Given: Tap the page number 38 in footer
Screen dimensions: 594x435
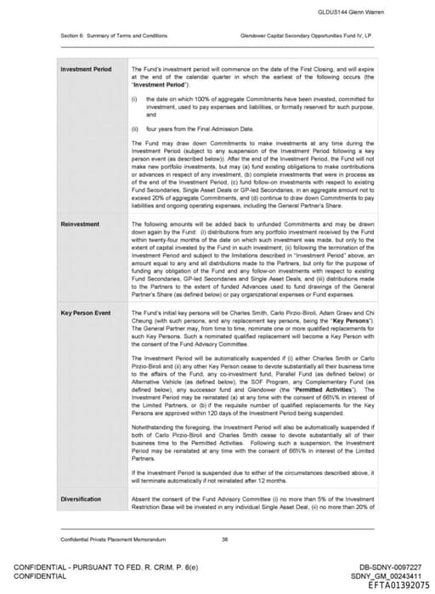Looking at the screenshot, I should [224, 539].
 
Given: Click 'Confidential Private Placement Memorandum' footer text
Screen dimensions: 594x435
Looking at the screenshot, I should [106, 539].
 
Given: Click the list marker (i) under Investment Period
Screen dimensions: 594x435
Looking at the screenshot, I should [135, 99].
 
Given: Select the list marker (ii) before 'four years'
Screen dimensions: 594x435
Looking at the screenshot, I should [136, 128].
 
